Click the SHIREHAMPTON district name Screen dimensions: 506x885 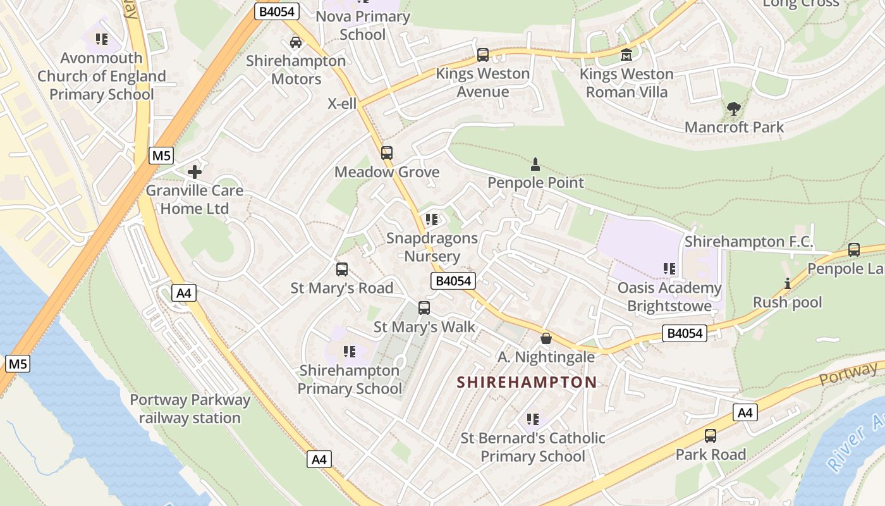click(x=527, y=382)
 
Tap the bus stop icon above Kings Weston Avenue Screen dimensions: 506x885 click(x=483, y=55)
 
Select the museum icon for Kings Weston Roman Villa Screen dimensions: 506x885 click(x=626, y=55)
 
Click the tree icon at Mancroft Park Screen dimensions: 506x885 click(x=733, y=109)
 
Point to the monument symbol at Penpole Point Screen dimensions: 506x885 click(x=535, y=164)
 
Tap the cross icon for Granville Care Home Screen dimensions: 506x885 click(x=195, y=171)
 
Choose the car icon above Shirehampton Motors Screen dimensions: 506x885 click(x=295, y=42)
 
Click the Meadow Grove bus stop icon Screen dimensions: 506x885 click(x=386, y=153)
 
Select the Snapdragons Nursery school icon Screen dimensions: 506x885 click(x=432, y=219)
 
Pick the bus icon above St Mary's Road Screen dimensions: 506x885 click(x=341, y=269)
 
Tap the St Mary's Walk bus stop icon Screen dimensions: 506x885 click(x=424, y=308)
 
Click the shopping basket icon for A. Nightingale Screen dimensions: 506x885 click(x=546, y=338)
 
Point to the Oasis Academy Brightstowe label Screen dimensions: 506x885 click(x=669, y=297)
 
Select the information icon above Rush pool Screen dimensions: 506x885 click(x=787, y=283)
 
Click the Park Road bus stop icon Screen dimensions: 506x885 click(x=711, y=436)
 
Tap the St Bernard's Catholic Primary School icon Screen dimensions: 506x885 click(x=533, y=419)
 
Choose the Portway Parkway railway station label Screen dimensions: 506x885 click(x=190, y=409)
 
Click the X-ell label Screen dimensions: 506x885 click(x=342, y=104)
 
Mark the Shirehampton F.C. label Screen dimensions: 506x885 click(x=748, y=242)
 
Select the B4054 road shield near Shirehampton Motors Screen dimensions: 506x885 click(x=277, y=11)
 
